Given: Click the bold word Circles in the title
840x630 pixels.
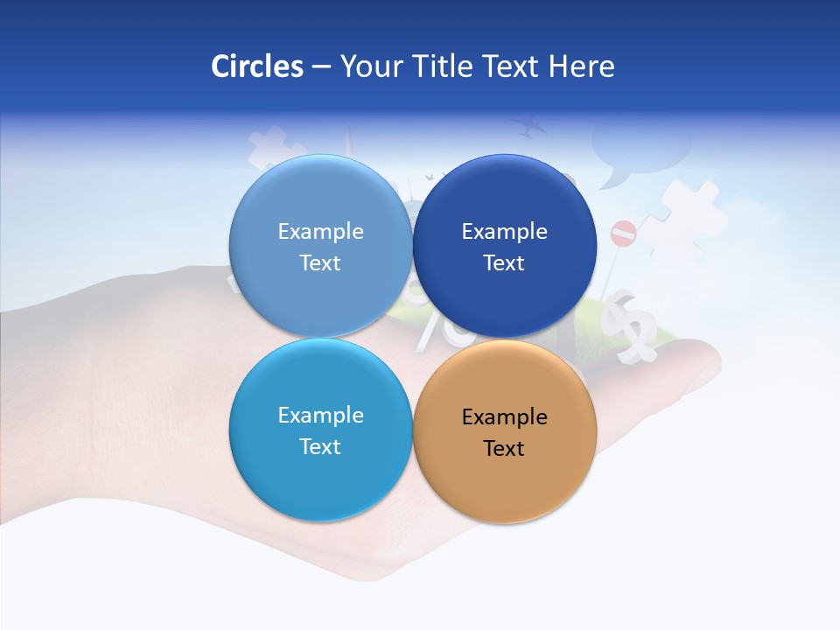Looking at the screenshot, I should [x=257, y=66].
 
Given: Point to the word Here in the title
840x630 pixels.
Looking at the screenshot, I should [x=581, y=66].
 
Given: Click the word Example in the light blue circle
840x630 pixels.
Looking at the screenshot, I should [x=320, y=232].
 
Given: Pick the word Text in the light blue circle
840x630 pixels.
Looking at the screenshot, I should [x=320, y=262].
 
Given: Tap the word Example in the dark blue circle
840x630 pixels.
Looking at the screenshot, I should [x=504, y=232].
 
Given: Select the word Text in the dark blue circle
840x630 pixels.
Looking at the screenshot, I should [x=504, y=262].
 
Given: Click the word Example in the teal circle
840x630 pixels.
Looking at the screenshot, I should [x=320, y=416].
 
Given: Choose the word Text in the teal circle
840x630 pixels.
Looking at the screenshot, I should [x=320, y=446].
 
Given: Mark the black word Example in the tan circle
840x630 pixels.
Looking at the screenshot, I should [x=504, y=417].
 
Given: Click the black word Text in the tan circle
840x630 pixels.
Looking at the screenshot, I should [x=504, y=448].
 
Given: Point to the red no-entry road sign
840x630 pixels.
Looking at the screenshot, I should [x=623, y=233].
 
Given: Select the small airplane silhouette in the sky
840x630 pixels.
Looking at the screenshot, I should [x=528, y=128].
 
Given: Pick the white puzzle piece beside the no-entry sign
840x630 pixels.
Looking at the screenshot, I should [x=687, y=214].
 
